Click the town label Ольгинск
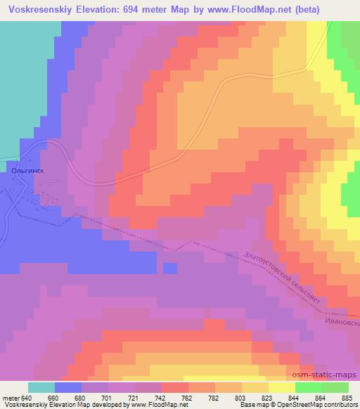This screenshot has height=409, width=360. click(29, 169)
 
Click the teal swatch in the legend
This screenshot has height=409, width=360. click(41, 387)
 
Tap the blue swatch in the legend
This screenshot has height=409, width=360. click(67, 387)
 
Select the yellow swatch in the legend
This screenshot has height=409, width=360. click(282, 387)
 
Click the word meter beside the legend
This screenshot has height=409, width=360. click(10, 397)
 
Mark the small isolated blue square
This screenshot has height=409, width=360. click(169, 268)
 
